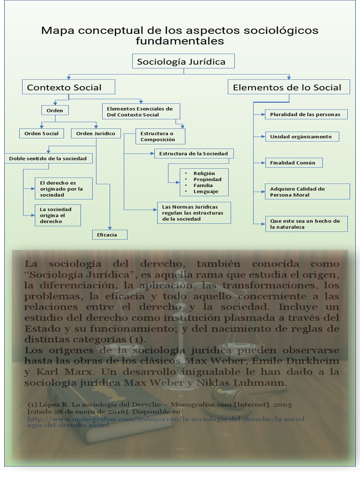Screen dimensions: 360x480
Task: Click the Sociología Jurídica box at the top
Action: pos(183,61)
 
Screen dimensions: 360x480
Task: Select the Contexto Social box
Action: pos(68,87)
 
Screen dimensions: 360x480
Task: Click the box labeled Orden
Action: pos(55,111)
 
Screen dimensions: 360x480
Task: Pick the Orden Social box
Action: pos(41,134)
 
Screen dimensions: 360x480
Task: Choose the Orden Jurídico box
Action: pos(96,134)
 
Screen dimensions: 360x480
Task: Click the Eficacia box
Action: pos(110,234)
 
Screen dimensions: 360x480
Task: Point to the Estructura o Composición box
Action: pos(160,136)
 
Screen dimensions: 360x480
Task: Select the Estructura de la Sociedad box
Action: pos(194,154)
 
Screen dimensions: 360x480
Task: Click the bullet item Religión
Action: pos(204,173)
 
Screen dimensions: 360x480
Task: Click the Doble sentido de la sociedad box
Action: pos(48,158)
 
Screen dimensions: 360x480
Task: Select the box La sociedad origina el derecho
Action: pos(57,215)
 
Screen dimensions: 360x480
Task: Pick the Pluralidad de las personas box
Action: pos(308,114)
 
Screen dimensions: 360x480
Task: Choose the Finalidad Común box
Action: pos(293,163)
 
